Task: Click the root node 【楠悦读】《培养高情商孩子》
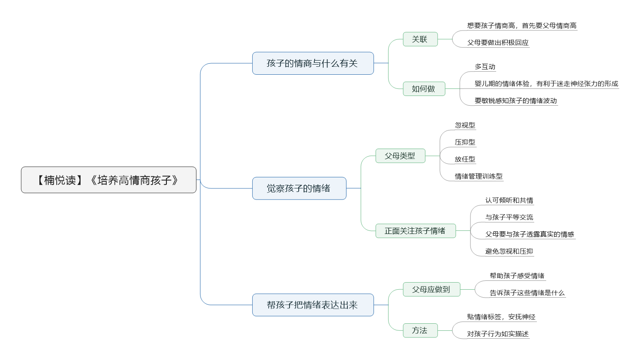coord(108,180)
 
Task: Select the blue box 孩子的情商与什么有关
coord(313,63)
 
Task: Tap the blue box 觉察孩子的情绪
coord(299,188)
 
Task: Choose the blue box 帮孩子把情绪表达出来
coord(313,305)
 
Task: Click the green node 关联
coord(420,39)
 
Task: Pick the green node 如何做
coord(424,89)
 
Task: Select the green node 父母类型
coord(400,156)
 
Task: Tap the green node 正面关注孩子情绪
coord(416,231)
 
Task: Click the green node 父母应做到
coord(432,290)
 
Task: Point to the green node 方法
coord(420,330)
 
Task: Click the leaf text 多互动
coord(485,67)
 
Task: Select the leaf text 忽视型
coord(465,125)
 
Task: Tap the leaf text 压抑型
coord(465,142)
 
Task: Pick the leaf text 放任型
coord(465,159)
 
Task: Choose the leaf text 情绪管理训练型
coord(478,176)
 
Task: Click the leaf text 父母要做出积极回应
coord(498,42)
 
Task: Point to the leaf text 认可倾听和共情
coord(509,200)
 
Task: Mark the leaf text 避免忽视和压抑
coord(509,251)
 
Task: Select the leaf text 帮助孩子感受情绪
coord(517,276)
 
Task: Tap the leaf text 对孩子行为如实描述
coord(498,334)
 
